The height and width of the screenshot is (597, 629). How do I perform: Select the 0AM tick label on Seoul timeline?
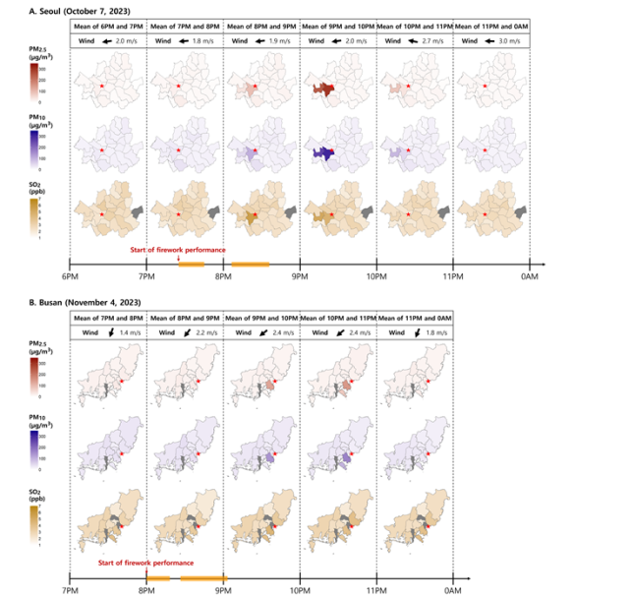(x=530, y=277)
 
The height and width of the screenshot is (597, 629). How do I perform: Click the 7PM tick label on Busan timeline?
(x=70, y=591)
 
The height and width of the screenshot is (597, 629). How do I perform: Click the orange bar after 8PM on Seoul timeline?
(x=250, y=263)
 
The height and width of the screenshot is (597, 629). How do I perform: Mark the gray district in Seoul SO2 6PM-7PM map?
(x=137, y=211)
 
